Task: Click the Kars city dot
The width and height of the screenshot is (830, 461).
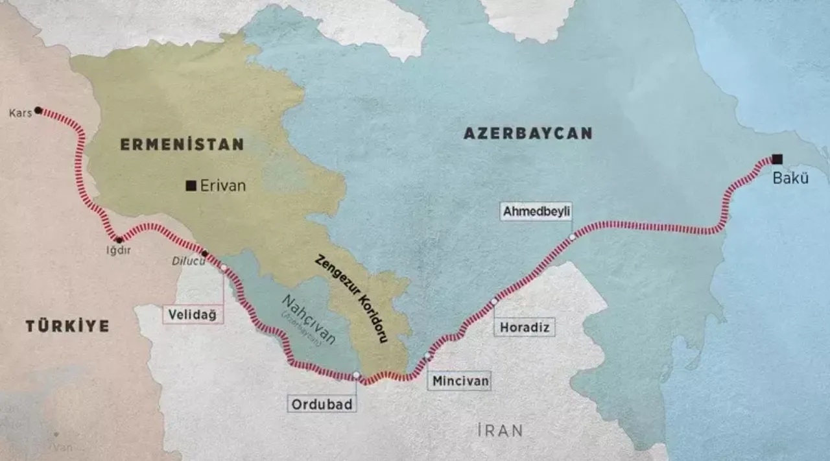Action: click(x=38, y=110)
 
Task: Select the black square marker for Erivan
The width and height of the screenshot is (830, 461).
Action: click(x=191, y=186)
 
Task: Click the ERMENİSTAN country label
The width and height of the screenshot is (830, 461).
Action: click(x=182, y=145)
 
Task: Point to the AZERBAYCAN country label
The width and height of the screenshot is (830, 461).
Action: click(x=528, y=134)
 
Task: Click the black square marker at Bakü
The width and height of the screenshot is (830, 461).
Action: click(x=777, y=159)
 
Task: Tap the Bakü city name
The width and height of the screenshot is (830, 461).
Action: click(x=790, y=178)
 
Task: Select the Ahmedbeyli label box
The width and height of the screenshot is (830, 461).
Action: click(x=536, y=211)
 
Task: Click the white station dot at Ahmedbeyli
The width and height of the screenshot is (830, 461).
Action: click(x=572, y=237)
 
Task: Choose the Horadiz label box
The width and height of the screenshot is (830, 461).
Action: click(x=525, y=327)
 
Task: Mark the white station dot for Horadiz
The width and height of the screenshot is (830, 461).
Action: click(x=494, y=301)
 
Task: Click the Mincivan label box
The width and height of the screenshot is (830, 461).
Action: click(x=459, y=381)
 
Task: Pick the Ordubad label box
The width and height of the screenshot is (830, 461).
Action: click(x=322, y=405)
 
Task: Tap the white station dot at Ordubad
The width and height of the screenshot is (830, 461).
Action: click(x=356, y=375)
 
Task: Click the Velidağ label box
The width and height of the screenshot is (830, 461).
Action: click(x=193, y=315)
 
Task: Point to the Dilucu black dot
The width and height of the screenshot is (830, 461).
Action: click(x=205, y=254)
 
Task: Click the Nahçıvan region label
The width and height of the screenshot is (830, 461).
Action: click(x=309, y=318)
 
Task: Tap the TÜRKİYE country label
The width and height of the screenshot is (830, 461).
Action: click(x=67, y=326)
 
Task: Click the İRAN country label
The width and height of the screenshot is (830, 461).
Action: click(x=499, y=430)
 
